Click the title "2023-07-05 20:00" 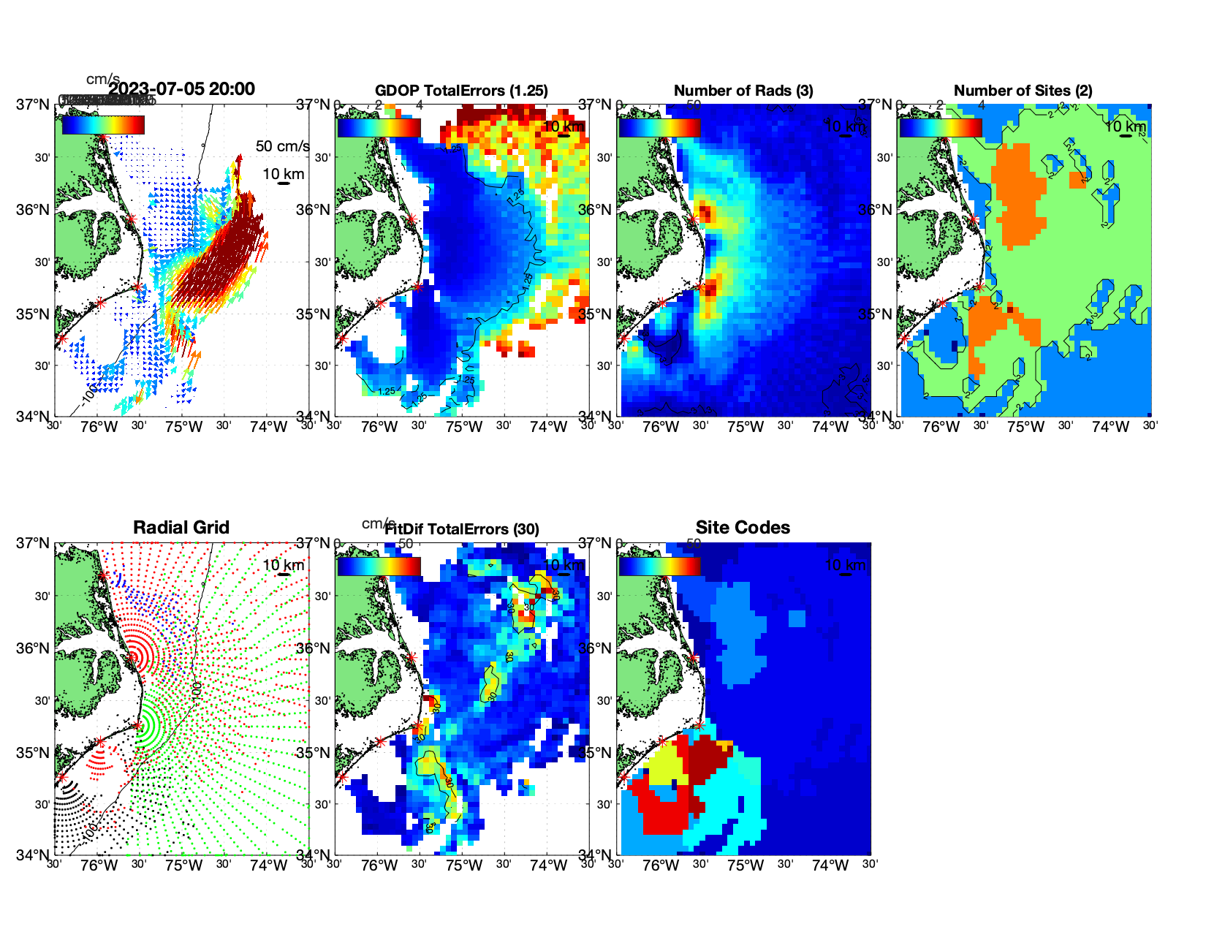pyautogui.click(x=181, y=89)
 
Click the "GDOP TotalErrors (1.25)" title pyautogui.click(x=461, y=91)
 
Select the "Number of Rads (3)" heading pyautogui.click(x=743, y=91)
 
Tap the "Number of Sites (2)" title pyautogui.click(x=1023, y=91)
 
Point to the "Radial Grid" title pyautogui.click(x=181, y=528)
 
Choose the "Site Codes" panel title pyautogui.click(x=743, y=528)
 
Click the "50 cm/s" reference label pyautogui.click(x=282, y=146)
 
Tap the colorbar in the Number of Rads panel pyautogui.click(x=659, y=127)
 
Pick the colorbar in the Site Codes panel pyautogui.click(x=659, y=566)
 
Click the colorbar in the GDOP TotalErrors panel pyautogui.click(x=379, y=127)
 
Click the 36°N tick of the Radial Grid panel pyautogui.click(x=33, y=648)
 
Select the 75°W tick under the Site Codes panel pyautogui.click(x=745, y=865)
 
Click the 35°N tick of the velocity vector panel pyautogui.click(x=33, y=314)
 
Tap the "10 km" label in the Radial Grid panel pyautogui.click(x=283, y=565)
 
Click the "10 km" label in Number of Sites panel pyautogui.click(x=1125, y=126)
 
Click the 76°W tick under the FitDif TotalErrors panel pyautogui.click(x=379, y=865)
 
